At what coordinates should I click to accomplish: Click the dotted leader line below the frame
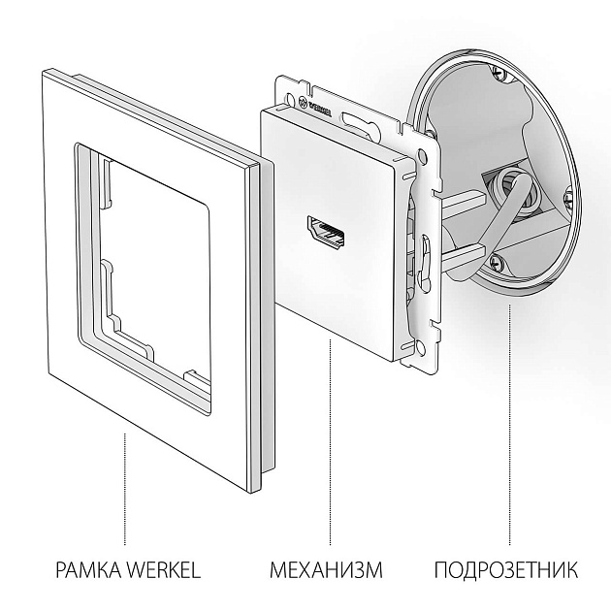124,485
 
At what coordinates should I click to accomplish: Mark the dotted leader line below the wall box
510,427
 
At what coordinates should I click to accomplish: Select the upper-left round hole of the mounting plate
289,92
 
